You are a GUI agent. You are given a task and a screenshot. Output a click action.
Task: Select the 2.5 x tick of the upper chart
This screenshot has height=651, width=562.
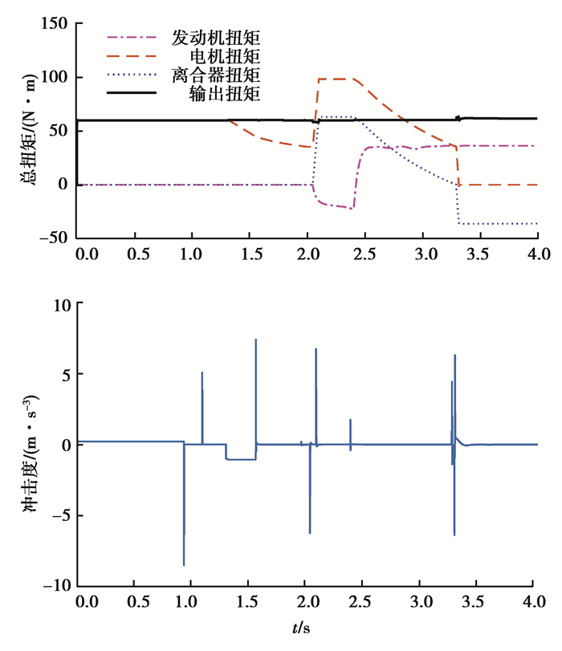click(364, 254)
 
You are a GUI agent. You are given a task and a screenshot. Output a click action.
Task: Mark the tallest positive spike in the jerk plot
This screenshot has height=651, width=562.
click(256, 340)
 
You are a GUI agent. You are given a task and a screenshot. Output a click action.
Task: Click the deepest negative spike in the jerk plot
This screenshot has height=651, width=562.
click(184, 564)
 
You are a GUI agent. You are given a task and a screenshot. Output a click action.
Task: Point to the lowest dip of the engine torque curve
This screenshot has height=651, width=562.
click(352, 208)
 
